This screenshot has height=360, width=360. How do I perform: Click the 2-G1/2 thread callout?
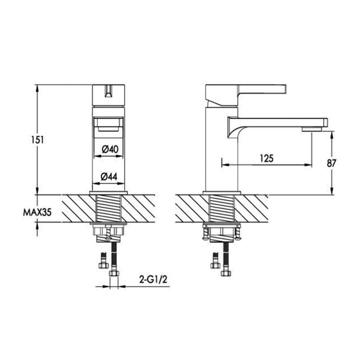[x=154, y=280]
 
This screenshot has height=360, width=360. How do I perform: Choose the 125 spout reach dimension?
[x=267, y=158]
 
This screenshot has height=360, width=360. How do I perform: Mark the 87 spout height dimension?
[x=331, y=163]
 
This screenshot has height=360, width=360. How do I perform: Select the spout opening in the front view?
[x=109, y=124]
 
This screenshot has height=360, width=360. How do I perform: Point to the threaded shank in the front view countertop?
[x=109, y=208]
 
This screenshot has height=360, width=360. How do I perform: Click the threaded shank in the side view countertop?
[x=221, y=208]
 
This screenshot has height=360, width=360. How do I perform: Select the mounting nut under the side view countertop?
[x=221, y=231]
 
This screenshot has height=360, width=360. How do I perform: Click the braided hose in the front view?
[x=114, y=254]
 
